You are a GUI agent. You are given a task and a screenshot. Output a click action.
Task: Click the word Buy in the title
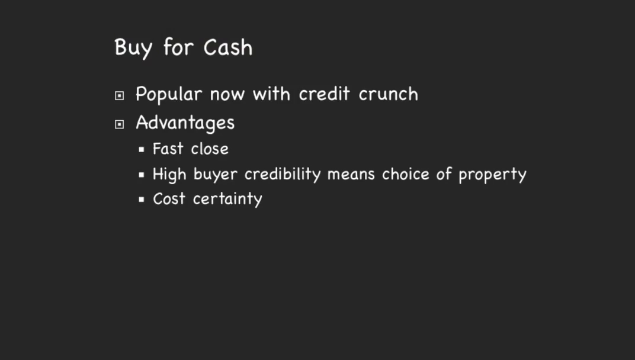pyautogui.click(x=133, y=49)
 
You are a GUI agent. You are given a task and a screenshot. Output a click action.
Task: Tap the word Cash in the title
pyautogui.click(x=228, y=47)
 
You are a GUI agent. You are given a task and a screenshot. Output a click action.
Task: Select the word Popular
pyautogui.click(x=168, y=94)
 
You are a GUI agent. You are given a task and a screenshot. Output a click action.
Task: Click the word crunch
pyautogui.click(x=388, y=94)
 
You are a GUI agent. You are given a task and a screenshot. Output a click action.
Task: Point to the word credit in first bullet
pyautogui.click(x=324, y=94)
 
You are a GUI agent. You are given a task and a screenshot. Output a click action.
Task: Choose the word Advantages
pyautogui.click(x=185, y=123)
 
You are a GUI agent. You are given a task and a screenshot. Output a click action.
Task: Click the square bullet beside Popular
pyautogui.click(x=119, y=95)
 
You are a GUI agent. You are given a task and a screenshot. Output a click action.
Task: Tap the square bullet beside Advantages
pyautogui.click(x=119, y=124)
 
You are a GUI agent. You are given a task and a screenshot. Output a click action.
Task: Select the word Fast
pyautogui.click(x=168, y=149)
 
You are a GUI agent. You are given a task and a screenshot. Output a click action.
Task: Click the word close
pyautogui.click(x=209, y=149)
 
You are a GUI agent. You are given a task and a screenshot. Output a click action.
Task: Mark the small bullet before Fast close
pyautogui.click(x=142, y=149)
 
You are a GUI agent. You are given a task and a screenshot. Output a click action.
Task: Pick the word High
pyautogui.click(x=169, y=175)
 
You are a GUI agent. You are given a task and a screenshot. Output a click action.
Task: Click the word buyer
pyautogui.click(x=215, y=175)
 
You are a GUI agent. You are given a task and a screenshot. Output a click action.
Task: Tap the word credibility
pyautogui.click(x=283, y=174)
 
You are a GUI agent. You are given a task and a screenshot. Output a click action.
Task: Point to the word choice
pyautogui.click(x=405, y=173)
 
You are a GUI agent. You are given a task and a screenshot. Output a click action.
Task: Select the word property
pyautogui.click(x=492, y=175)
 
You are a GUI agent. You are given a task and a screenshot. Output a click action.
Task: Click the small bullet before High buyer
pyautogui.click(x=142, y=175)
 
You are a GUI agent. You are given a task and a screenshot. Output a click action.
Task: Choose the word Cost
pyautogui.click(x=169, y=199)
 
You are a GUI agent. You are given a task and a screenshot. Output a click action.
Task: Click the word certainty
pyautogui.click(x=227, y=199)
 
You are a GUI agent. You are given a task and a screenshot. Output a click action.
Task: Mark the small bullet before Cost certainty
pyautogui.click(x=142, y=199)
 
